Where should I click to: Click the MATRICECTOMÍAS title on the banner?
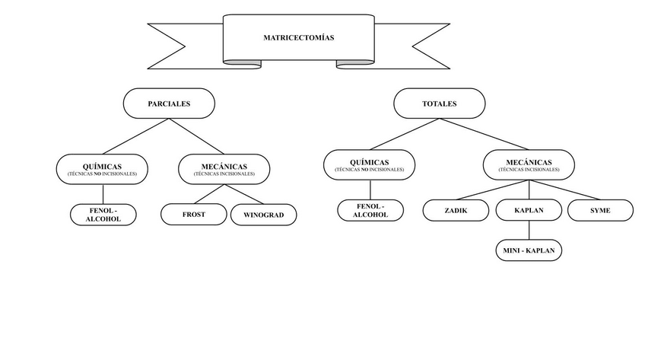click(x=298, y=37)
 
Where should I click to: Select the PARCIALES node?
click(x=169, y=104)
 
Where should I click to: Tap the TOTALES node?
click(x=439, y=104)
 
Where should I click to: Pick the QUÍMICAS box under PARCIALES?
click(x=102, y=168)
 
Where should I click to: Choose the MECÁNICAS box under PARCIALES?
click(x=224, y=168)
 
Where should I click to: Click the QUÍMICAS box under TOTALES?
click(x=369, y=164)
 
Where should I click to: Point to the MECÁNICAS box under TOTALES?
click(x=529, y=164)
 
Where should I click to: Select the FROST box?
click(x=193, y=215)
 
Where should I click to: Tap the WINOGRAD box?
click(x=263, y=215)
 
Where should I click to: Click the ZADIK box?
click(x=456, y=210)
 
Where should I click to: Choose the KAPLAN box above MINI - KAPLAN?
click(x=529, y=210)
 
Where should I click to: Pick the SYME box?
click(x=600, y=210)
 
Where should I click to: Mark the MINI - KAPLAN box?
click(x=529, y=250)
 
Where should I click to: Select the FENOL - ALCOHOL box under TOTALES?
click(x=370, y=211)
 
